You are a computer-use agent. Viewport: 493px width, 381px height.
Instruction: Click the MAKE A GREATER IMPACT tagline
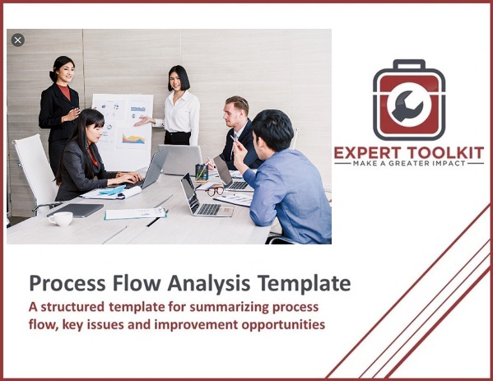[409, 164]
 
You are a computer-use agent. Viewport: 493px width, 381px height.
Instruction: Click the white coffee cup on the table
[60, 218]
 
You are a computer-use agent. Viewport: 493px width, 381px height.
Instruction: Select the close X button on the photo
[18, 39]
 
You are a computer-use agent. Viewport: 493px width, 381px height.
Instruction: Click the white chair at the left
[32, 169]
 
